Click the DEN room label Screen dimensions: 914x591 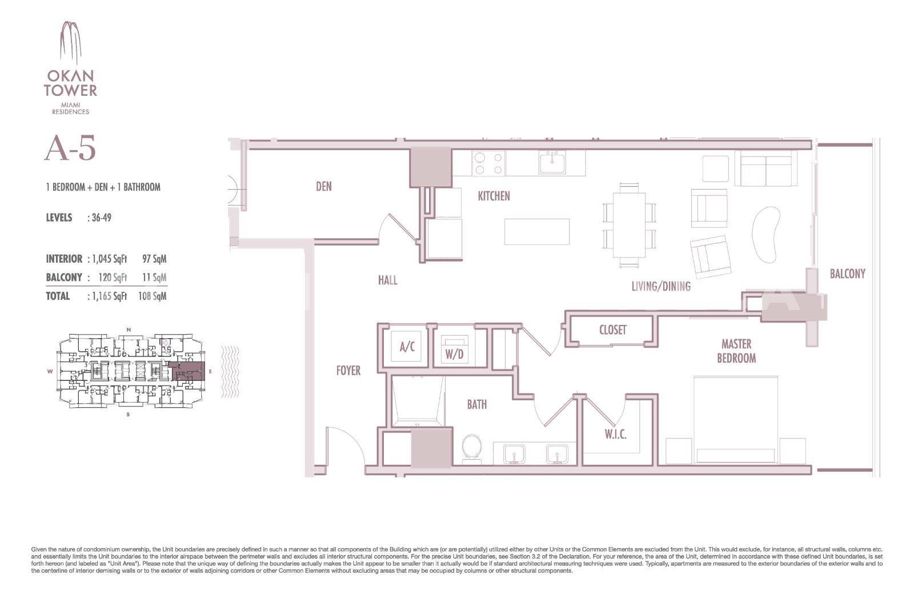point(323,186)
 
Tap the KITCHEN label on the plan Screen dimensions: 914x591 point(494,196)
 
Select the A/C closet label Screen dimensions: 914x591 point(407,347)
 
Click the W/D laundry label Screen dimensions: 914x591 point(454,354)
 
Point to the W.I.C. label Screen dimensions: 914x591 point(615,435)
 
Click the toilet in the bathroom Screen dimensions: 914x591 point(472,448)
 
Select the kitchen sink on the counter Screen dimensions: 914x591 point(552,163)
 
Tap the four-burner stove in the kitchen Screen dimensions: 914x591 point(488,163)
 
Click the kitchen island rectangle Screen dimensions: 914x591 point(536,232)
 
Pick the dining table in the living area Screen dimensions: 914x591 point(629,225)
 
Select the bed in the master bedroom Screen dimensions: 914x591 point(736,420)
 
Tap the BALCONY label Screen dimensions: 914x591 point(848,274)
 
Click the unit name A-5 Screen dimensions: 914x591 point(70,148)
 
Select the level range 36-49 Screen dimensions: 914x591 point(101,218)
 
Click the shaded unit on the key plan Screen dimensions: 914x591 point(187,371)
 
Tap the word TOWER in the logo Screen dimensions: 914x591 point(71,91)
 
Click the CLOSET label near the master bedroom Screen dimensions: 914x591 point(612,330)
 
